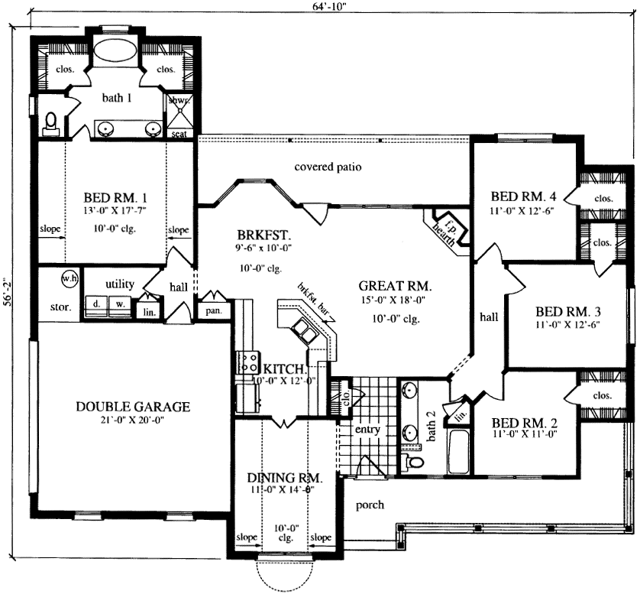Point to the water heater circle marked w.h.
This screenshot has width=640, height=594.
[x=70, y=279]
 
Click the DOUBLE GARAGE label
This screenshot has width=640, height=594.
[x=133, y=407]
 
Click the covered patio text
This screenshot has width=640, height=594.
[x=328, y=167]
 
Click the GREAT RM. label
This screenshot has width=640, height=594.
[x=396, y=287]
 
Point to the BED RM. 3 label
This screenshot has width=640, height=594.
[x=567, y=312]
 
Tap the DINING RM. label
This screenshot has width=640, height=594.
[x=285, y=478]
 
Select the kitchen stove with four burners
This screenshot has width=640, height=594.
[x=248, y=362]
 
